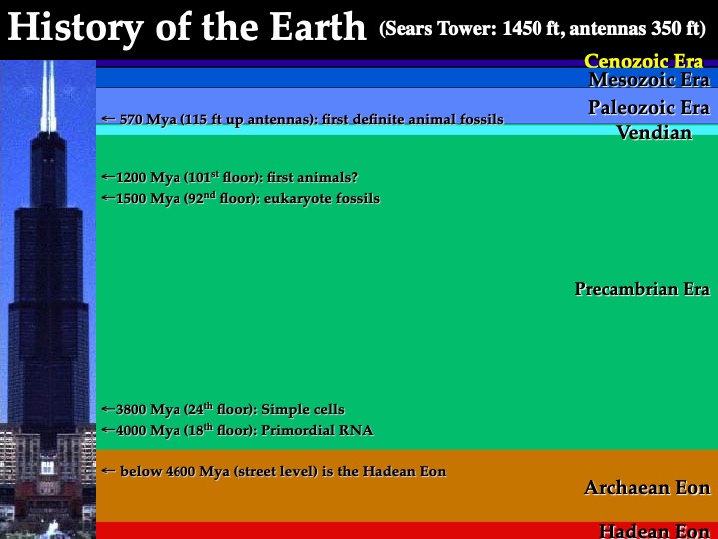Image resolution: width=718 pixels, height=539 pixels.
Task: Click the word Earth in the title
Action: (318, 27)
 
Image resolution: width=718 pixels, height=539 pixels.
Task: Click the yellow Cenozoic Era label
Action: (643, 61)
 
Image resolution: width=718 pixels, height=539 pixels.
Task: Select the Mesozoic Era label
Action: (649, 80)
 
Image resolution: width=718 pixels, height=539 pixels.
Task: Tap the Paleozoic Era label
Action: (649, 107)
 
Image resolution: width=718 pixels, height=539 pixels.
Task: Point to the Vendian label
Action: (654, 133)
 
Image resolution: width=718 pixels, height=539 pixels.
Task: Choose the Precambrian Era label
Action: (642, 289)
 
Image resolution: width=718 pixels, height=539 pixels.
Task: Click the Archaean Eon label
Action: (647, 488)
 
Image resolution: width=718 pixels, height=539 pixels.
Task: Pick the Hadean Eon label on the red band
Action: (654, 531)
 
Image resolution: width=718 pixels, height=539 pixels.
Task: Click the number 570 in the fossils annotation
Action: (130, 119)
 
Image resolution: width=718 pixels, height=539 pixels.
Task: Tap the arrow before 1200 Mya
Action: (108, 176)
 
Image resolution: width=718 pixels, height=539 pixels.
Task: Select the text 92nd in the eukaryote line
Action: (201, 197)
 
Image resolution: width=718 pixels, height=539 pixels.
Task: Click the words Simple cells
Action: (303, 409)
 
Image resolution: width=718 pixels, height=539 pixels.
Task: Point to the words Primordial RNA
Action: (317, 430)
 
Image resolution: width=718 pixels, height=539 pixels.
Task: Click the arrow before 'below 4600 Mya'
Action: (108, 471)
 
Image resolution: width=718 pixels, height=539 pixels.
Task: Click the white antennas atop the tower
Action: (48, 96)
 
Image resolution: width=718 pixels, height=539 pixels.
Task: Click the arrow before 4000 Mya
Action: (108, 429)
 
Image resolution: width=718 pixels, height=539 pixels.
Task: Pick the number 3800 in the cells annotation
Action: (131, 409)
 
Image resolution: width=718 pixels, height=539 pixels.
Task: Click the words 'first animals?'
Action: (312, 177)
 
